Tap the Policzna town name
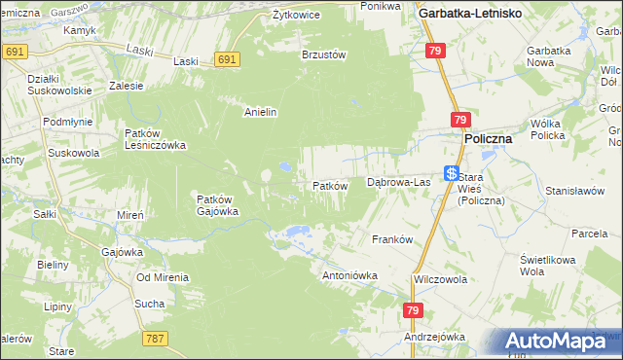pos(488,139)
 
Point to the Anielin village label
pos(261,112)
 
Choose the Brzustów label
pos(324,55)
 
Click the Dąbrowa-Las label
pos(398,182)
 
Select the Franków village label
pos(393,239)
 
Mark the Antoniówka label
pos(349,275)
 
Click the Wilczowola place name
pos(440,279)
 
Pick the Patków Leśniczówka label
pos(156,139)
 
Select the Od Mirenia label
pos(163,277)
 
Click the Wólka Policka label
pos(554,130)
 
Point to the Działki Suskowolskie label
pos(59,84)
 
